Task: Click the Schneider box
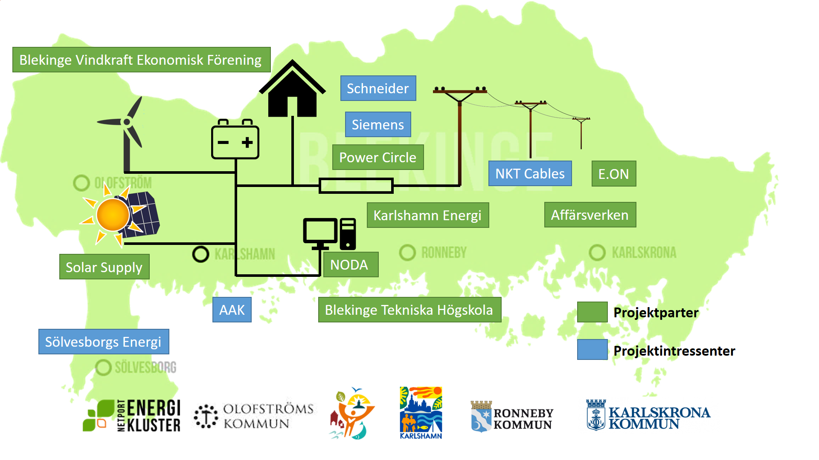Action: pos(378,88)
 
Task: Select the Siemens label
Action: pos(378,124)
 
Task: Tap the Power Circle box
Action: pos(378,157)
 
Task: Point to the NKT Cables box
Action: pos(530,173)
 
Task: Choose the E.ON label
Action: pos(614,173)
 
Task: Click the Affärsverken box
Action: pos(590,215)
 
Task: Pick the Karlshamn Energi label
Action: pos(428,215)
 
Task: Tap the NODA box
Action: pos(351,264)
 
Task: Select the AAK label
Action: pos(232,310)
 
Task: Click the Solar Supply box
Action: pos(105,267)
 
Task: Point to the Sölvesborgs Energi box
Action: pos(104,342)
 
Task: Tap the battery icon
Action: pos(235,139)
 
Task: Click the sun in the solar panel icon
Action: pos(113,215)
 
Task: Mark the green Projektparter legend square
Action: pos(592,312)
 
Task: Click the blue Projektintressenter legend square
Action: pos(592,350)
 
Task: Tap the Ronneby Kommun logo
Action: pos(512,417)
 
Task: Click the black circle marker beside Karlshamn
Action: pos(200,254)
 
